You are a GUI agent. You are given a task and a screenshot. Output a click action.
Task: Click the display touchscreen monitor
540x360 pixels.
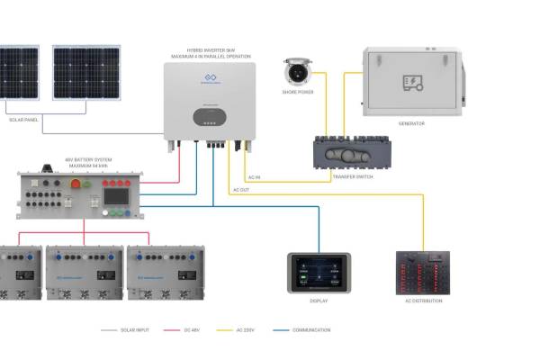(x=319, y=273)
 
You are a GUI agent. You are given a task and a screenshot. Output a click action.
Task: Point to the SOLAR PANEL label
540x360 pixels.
(x=24, y=119)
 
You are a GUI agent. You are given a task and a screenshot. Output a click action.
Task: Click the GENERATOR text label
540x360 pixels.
(x=411, y=123)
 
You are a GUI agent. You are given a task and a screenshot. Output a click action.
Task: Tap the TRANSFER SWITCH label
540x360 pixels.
(x=352, y=176)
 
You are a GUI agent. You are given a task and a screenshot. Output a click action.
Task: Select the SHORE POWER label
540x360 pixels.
(x=297, y=93)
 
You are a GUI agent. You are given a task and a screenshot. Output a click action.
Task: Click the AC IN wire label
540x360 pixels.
(x=253, y=177)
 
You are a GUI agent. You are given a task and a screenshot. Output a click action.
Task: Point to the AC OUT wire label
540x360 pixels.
(x=240, y=190)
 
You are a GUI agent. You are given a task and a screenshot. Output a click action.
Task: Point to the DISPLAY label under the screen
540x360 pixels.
(x=319, y=301)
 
